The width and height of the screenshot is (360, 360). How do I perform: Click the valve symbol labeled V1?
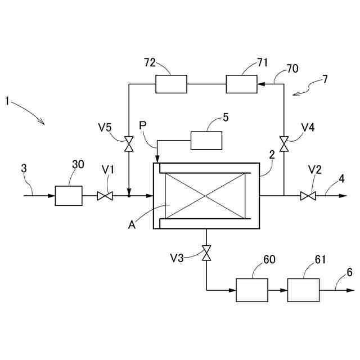105,196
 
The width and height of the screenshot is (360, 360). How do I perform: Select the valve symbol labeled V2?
308,196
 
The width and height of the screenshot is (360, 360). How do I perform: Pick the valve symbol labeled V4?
284,144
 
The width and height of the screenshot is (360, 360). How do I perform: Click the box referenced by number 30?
68,196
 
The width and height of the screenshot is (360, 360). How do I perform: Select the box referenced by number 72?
171,84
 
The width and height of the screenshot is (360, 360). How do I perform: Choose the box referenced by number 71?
242,84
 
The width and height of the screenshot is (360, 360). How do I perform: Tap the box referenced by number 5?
206,140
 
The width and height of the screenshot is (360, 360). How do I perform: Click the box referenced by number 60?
251,290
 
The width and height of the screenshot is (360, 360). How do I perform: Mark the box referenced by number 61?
303,290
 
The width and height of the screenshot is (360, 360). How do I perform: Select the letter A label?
132,224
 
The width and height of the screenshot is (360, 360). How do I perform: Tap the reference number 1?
7,101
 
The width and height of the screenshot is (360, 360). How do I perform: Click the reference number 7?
325,79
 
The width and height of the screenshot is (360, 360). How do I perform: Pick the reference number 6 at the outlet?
349,272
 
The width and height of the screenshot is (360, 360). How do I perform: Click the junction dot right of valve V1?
129,196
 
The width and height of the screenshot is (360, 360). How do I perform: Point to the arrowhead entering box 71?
262,84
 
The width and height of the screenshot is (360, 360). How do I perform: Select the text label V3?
177,259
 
